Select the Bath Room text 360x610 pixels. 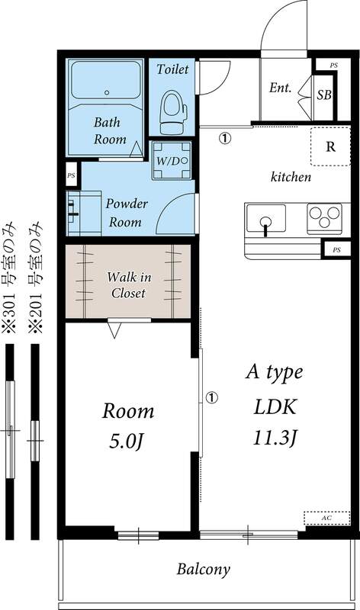108,130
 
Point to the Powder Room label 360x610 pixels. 127,213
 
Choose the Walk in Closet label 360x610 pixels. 127,284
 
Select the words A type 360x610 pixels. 274,373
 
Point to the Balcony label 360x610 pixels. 203,569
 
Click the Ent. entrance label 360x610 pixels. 280,88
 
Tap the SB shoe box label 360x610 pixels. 323,95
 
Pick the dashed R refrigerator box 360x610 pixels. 330,147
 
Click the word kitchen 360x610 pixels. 291,178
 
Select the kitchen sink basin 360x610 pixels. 265,219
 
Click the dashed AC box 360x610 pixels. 326,518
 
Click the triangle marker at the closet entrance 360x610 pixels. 114,330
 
